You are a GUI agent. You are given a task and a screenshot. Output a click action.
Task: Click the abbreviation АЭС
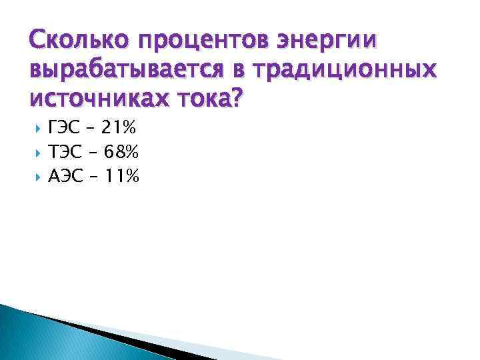[65, 177]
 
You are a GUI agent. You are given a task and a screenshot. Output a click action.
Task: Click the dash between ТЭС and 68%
[92, 153]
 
